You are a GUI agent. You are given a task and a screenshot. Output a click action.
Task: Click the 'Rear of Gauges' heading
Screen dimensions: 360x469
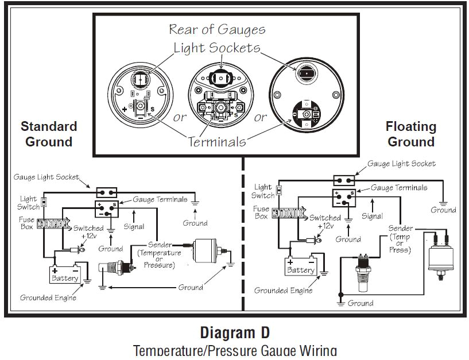click(216, 29)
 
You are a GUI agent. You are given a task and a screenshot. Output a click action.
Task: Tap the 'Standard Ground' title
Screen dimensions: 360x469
click(49, 134)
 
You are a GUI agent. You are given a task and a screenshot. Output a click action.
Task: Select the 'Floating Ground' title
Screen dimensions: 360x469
click(410, 134)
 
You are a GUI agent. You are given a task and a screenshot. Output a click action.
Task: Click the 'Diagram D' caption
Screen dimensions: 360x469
click(234, 332)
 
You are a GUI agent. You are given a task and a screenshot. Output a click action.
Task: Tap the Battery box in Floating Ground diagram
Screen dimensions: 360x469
click(301, 266)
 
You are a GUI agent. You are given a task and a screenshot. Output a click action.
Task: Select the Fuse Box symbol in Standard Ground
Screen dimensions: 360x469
click(53, 223)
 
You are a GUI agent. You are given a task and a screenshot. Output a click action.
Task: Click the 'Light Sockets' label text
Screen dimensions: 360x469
click(217, 48)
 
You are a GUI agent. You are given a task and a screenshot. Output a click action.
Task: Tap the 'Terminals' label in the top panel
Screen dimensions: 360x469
click(216, 141)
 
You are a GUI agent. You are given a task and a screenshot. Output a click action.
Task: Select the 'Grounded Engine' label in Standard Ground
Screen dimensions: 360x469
click(48, 297)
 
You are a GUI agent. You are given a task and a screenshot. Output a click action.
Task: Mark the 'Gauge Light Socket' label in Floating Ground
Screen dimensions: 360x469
click(401, 164)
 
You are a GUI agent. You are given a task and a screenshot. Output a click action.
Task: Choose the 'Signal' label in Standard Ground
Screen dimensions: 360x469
click(135, 226)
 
